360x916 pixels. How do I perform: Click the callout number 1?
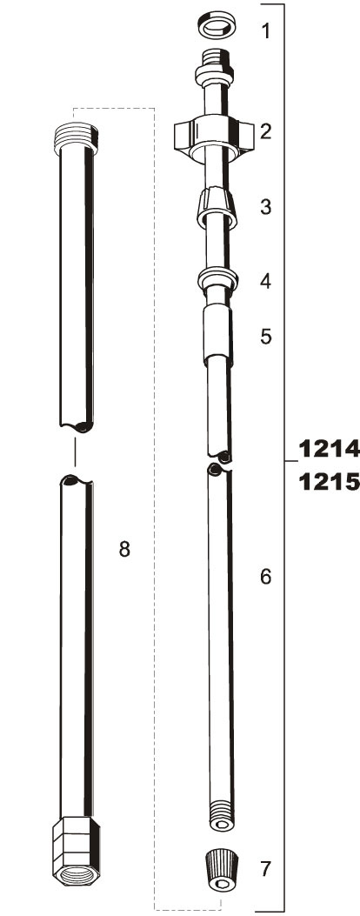pyautogui.click(x=266, y=30)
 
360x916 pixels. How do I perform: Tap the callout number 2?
pyautogui.click(x=266, y=131)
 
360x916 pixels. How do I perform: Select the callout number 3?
pyautogui.click(x=266, y=206)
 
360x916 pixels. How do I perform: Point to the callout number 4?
pyautogui.click(x=266, y=281)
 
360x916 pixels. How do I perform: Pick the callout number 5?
pyautogui.click(x=266, y=337)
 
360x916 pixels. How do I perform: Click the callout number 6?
pyautogui.click(x=266, y=577)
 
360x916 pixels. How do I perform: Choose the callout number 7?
pyautogui.click(x=266, y=869)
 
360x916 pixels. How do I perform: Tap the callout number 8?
pyautogui.click(x=124, y=549)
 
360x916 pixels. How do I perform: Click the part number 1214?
pyautogui.click(x=329, y=449)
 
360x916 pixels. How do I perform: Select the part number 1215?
pyautogui.click(x=329, y=483)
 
